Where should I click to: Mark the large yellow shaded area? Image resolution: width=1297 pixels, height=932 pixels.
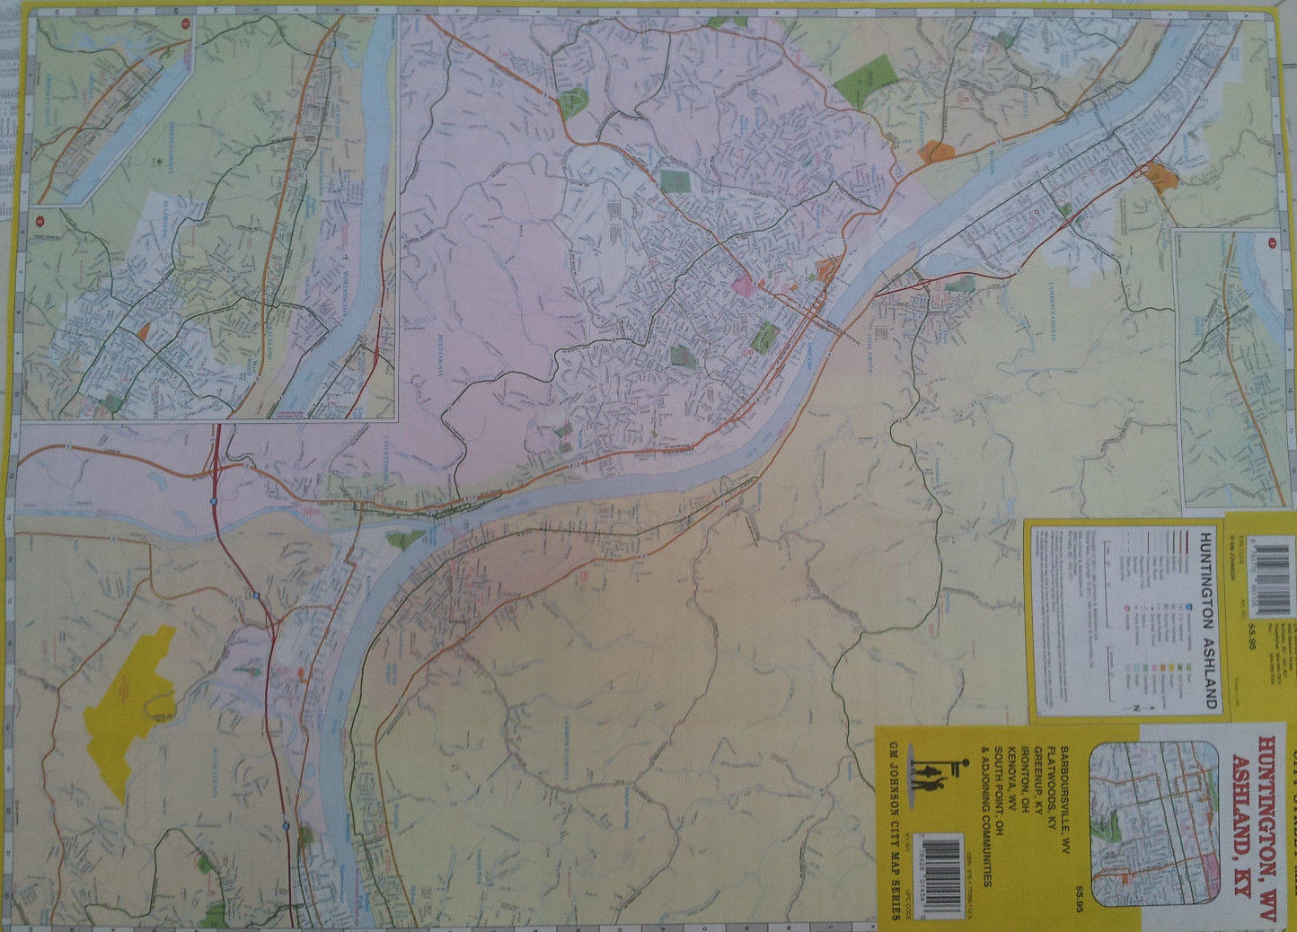(x=130, y=709)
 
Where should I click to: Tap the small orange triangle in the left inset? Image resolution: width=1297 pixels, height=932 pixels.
(x=144, y=330)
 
